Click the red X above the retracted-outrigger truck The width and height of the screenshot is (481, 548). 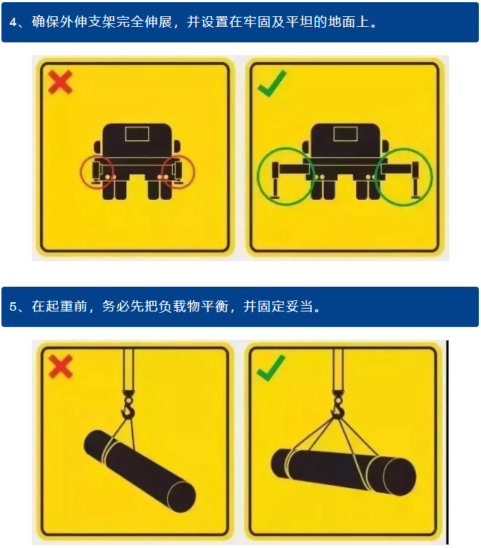[x=61, y=82]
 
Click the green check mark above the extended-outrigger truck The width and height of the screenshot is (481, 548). [x=272, y=83]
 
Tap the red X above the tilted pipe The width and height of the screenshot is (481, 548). [x=61, y=367]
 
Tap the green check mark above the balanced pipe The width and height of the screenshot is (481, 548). [x=271, y=368]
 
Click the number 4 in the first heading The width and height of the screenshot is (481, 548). [x=13, y=23]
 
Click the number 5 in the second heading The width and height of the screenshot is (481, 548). [x=13, y=307]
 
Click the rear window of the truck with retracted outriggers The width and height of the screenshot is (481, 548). [x=137, y=134]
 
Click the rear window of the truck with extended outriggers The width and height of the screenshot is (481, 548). [x=345, y=134]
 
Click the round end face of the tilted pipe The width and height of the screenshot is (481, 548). [x=181, y=497]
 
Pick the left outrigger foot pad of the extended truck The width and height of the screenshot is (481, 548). [x=275, y=198]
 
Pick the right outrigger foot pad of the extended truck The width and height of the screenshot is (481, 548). [x=415, y=198]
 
